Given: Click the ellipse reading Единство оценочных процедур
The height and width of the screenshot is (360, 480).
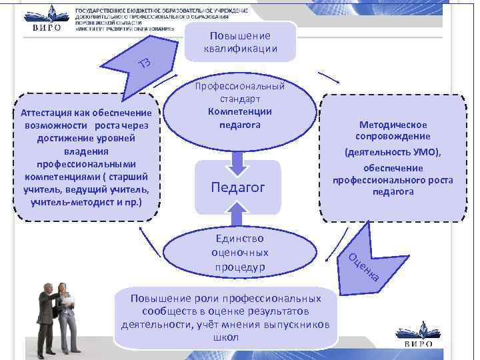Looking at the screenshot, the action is (x=239, y=253).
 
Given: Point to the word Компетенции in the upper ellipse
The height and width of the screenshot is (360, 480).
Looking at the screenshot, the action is (x=239, y=111).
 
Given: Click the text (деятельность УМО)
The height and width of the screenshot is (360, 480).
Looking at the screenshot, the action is (x=393, y=152).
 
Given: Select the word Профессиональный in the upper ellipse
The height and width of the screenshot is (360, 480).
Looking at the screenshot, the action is (x=240, y=87).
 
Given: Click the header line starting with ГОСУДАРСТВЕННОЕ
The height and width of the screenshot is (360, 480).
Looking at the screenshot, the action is (x=162, y=11).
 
